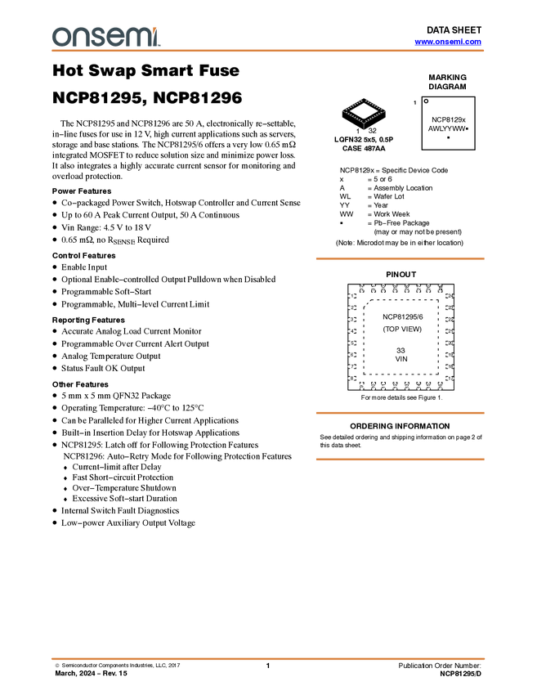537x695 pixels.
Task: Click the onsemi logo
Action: pos(105,36)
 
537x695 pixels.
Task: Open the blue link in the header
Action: pos(448,42)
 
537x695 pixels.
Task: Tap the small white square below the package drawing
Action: pos(369,233)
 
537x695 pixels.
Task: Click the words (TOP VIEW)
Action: pos(402,329)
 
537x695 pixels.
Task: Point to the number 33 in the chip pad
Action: pos(401,350)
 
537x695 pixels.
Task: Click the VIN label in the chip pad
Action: pos(401,359)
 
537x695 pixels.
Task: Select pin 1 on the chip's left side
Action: pos(352,296)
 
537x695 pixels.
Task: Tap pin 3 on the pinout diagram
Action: pos(352,320)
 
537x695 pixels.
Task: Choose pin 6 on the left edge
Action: pos(352,355)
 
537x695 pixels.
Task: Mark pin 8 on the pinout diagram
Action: pos(352,378)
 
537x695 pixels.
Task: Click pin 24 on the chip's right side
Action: pos(450,296)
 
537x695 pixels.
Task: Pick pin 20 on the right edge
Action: pos(450,343)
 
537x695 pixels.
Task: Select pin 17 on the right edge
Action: pos(450,378)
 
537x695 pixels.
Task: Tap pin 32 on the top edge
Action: pos(361,289)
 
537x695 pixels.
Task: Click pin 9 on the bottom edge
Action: pos(361,385)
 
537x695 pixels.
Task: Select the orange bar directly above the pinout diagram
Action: pos(400,259)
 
